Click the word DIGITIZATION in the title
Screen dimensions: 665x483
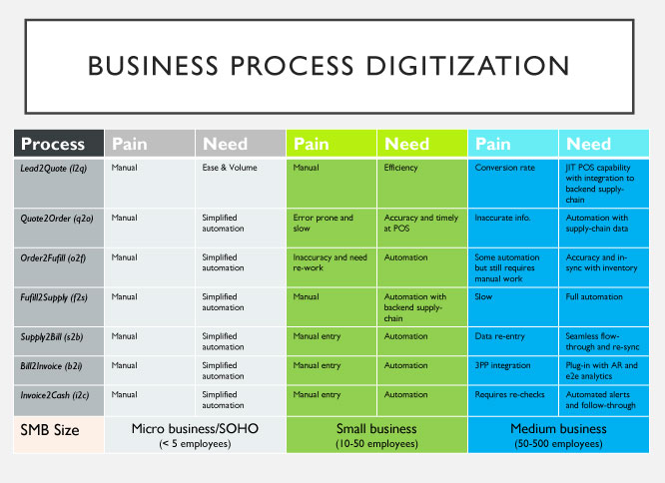tap(467, 66)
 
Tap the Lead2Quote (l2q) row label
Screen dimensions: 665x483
tap(54, 169)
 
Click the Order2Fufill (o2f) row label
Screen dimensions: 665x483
tap(53, 258)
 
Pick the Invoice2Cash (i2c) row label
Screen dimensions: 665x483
tap(55, 395)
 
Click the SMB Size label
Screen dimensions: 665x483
tap(50, 430)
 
